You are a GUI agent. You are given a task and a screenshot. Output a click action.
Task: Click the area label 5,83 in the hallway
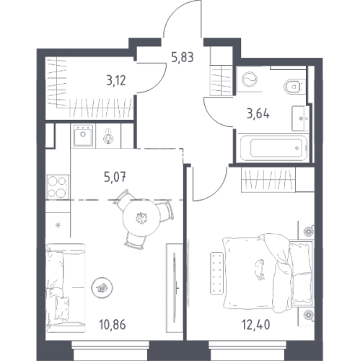[183, 58]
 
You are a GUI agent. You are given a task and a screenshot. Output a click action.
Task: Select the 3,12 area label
[116, 80]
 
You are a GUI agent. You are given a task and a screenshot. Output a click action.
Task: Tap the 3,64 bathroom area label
[258, 113]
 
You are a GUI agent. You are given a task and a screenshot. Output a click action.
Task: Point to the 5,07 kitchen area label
[115, 178]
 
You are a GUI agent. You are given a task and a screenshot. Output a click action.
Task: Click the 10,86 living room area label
[113, 325]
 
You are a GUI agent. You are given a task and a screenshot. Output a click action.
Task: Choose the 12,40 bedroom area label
[255, 325]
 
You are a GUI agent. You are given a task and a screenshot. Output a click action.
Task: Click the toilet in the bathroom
[293, 86]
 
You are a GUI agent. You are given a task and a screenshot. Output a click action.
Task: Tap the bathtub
[274, 147]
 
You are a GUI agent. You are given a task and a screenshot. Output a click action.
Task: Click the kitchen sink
[83, 136]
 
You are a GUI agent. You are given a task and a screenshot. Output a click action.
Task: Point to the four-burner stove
[58, 187]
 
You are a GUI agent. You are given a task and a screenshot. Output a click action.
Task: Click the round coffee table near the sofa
[102, 287]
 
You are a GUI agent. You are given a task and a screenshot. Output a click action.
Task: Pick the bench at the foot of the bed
[217, 273]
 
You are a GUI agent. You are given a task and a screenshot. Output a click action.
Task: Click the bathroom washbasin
[300, 118]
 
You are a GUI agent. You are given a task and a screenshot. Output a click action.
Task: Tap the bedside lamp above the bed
[308, 230]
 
